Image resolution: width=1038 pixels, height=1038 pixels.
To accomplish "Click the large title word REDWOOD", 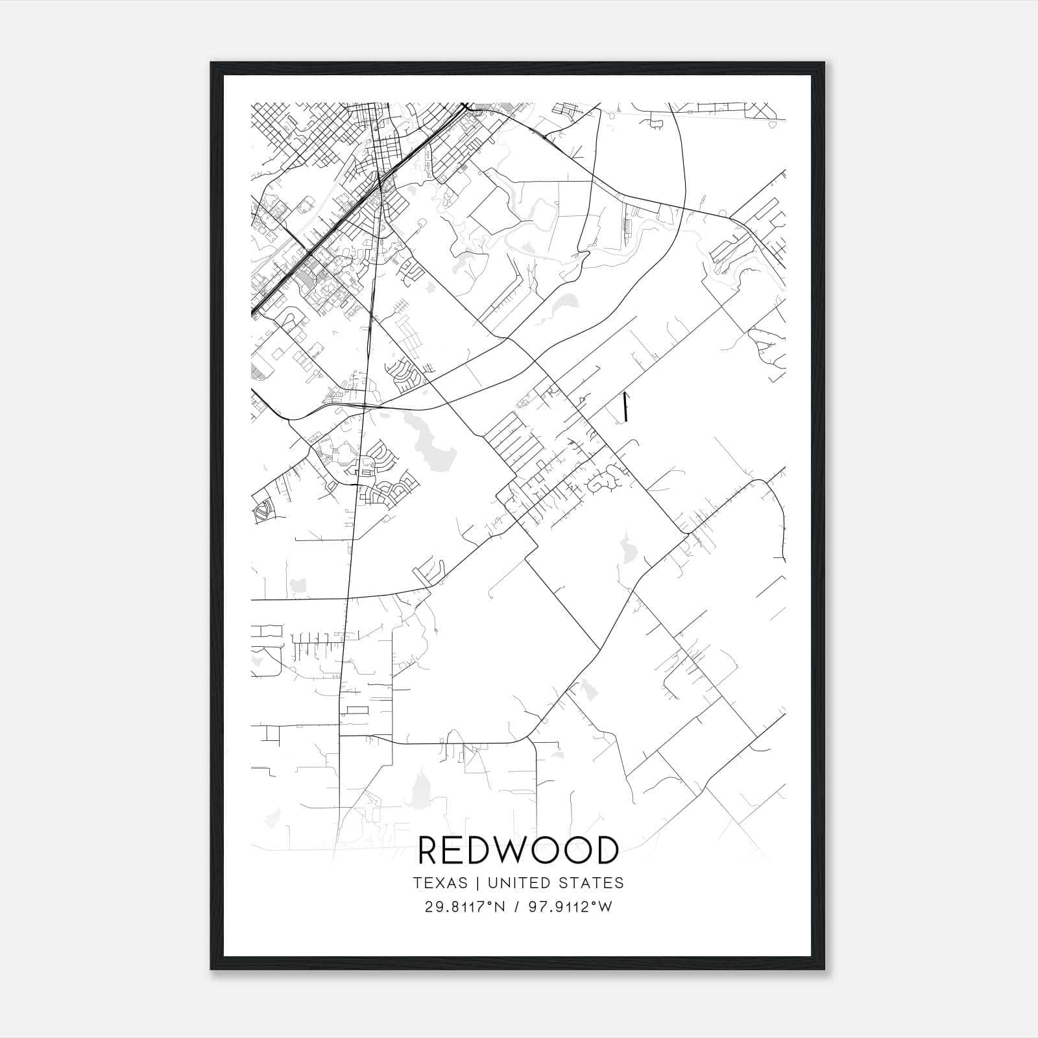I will coord(518,851).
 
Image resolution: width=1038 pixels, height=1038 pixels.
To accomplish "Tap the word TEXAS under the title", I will coord(440,883).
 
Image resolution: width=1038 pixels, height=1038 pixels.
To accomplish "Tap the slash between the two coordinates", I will coord(516,907).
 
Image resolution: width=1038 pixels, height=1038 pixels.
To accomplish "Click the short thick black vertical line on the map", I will coord(625,406).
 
